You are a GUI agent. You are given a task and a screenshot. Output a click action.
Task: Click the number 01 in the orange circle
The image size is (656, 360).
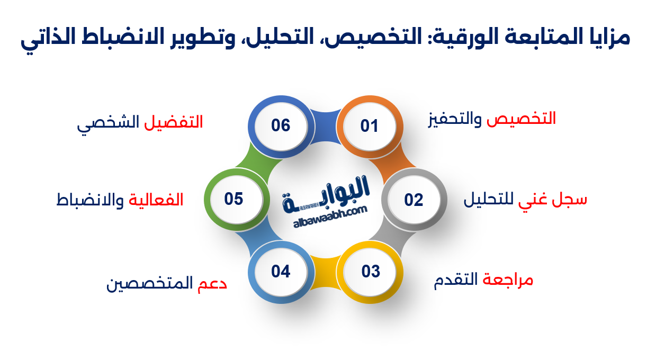[x=370, y=126]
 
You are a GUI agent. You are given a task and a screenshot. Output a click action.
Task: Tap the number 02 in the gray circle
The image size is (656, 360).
[x=414, y=200]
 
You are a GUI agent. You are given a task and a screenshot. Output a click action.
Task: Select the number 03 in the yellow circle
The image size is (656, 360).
[x=371, y=272]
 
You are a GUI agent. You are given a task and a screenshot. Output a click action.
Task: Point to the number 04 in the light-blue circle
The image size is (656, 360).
[x=281, y=272]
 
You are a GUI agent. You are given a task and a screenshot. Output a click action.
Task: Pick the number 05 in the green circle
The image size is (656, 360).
[x=233, y=199]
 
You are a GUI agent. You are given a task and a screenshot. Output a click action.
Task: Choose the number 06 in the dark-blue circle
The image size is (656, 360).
[x=281, y=125]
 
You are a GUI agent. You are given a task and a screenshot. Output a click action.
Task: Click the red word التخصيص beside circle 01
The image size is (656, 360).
[x=521, y=119]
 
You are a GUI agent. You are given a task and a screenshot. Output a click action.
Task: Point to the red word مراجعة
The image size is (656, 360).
[x=508, y=280]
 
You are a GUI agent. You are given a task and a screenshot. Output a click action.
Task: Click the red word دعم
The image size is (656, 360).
[x=212, y=284]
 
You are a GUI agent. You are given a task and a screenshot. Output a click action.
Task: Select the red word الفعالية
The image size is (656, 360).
[x=156, y=200]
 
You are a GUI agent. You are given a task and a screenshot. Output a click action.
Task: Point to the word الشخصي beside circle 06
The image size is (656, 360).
[x=109, y=123]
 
